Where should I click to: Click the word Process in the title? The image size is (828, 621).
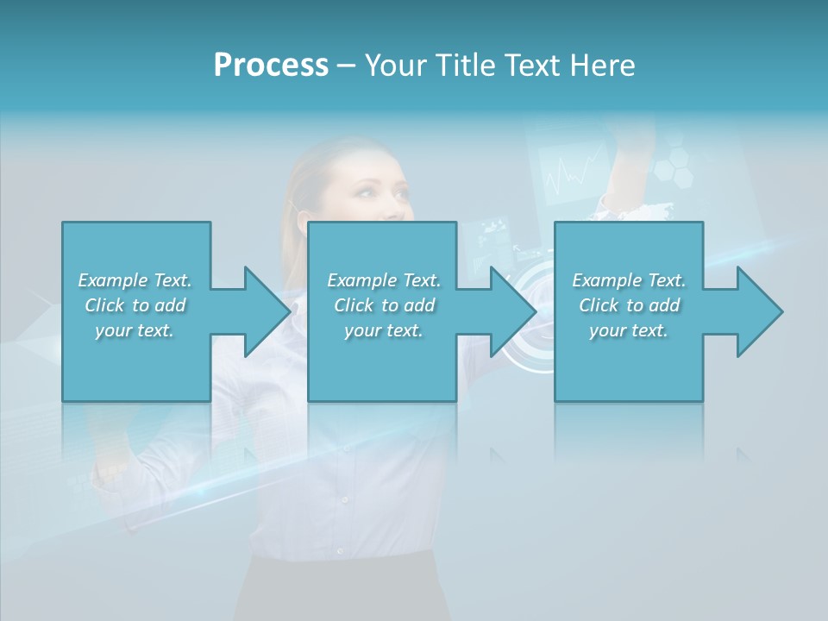(x=271, y=66)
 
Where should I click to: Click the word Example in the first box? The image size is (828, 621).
(x=113, y=280)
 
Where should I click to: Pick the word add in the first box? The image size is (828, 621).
(x=170, y=305)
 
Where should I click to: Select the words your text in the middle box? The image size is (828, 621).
(x=383, y=330)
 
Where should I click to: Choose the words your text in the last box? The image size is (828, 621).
(x=628, y=330)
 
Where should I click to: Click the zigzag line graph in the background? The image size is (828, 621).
(x=574, y=172)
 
